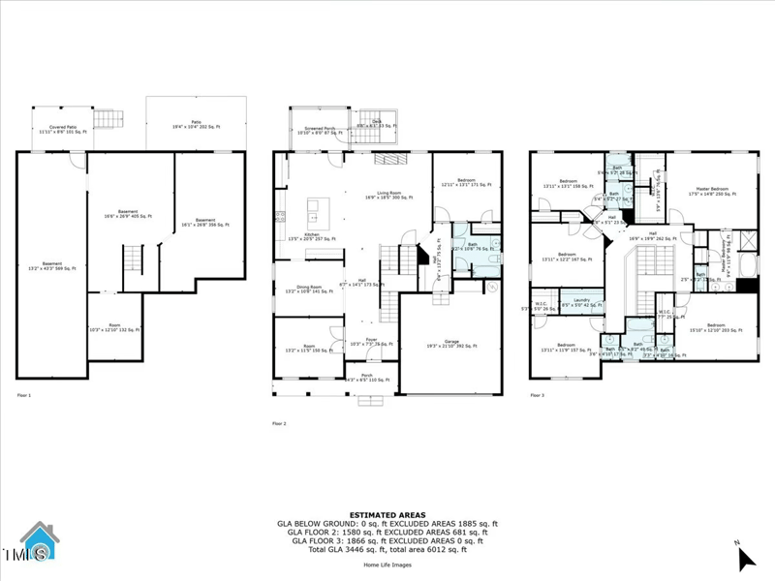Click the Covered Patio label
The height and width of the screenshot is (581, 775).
[x=58, y=128]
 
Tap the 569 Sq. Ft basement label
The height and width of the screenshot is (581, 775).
[x=52, y=265]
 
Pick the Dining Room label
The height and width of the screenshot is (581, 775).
[x=308, y=289]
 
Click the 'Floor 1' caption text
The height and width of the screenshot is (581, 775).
[x=24, y=396]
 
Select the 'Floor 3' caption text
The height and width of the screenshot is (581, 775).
[x=538, y=396]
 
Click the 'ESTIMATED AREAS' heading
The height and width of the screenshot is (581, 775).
[x=387, y=515]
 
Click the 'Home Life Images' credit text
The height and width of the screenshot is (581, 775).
[x=387, y=565]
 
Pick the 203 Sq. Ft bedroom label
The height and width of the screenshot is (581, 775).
[x=715, y=328]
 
